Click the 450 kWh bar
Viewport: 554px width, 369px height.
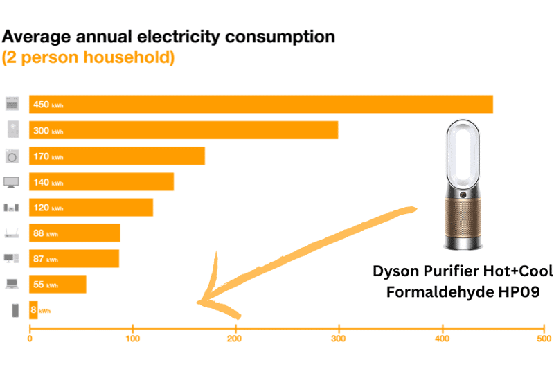[x=260, y=105]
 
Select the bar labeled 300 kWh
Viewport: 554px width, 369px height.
[x=184, y=130]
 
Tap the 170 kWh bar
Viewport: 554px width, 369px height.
[x=117, y=156]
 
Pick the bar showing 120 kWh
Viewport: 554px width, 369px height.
[x=91, y=208]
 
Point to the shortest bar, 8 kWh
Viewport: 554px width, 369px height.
[x=33, y=310]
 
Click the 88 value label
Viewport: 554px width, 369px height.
[x=39, y=233]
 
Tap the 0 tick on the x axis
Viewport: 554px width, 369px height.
[x=30, y=339]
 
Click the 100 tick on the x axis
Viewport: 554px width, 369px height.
[x=133, y=339]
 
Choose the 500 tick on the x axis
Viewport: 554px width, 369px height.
[x=544, y=339]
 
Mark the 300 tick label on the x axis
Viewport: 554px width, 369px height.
[x=339, y=339]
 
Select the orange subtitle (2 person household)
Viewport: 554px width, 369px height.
[x=88, y=57]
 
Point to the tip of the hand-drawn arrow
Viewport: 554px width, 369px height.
[x=199, y=303]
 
